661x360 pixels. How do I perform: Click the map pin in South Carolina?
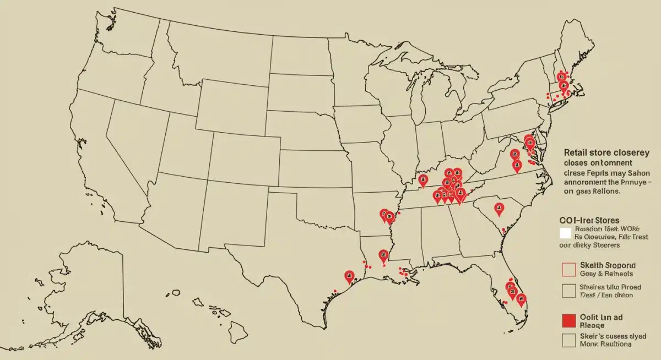(499, 208)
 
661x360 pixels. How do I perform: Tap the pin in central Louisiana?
(383, 255)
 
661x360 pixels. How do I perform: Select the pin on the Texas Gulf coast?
(348, 276)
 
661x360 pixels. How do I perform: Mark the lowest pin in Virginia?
(517, 165)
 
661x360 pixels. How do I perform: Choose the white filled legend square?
(565, 233)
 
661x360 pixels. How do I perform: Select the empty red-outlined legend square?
(568, 269)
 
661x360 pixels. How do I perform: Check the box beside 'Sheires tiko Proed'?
(568, 290)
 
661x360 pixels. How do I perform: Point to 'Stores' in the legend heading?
(604, 220)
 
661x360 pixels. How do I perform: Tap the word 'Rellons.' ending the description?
(607, 192)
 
